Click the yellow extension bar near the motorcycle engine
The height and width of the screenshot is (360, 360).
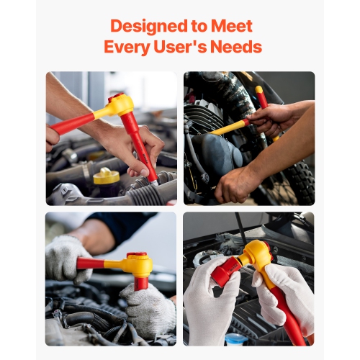point(229,127)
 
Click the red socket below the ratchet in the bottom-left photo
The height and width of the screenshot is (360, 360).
point(141,283)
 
